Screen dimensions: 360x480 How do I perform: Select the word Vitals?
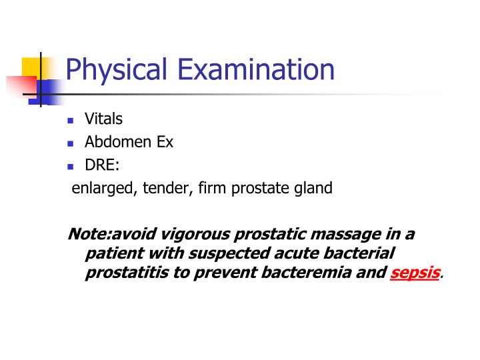tap(103, 119)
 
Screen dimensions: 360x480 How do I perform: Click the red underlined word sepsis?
tap(415, 273)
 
